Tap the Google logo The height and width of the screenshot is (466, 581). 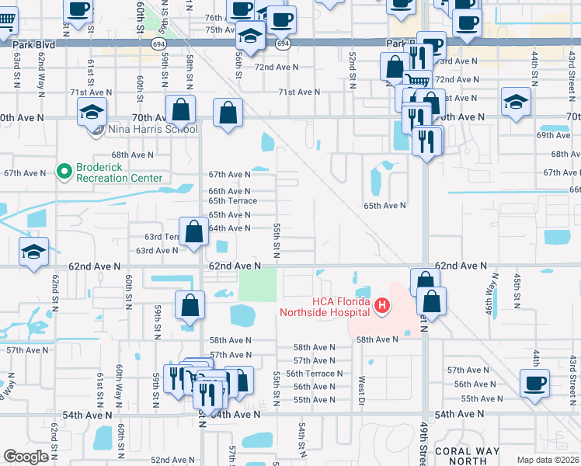26,457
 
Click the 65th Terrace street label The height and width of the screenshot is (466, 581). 232,200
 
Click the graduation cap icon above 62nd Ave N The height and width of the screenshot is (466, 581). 33,252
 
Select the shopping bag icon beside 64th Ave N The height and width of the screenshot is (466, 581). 194,231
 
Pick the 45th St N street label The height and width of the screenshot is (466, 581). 516,287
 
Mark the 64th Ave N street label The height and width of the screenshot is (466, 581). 229,228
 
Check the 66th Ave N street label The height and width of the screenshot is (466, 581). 229,191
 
